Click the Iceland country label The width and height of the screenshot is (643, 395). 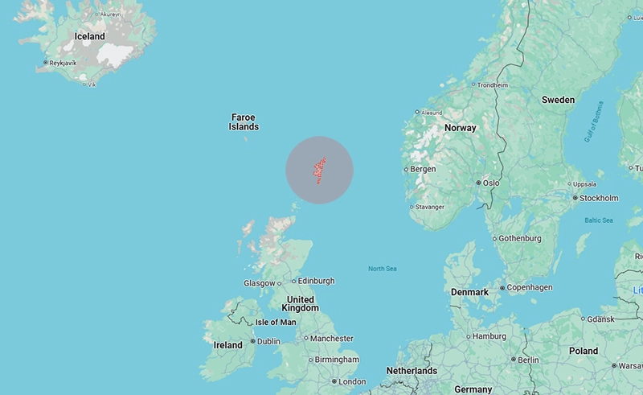click(x=89, y=36)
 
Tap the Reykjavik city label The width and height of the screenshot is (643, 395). click(x=63, y=63)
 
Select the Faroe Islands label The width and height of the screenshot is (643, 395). click(x=244, y=121)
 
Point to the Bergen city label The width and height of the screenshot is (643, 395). click(x=423, y=169)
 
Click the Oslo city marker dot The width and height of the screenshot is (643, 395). click(x=478, y=183)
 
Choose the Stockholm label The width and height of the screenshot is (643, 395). click(x=600, y=198)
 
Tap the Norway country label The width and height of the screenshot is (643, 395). click(x=461, y=128)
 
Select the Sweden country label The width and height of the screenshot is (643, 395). click(x=558, y=100)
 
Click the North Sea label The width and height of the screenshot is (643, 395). click(x=382, y=269)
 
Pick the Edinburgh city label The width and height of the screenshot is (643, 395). click(x=316, y=281)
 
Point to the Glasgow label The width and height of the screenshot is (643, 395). click(x=259, y=283)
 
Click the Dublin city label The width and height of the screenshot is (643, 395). click(x=268, y=341)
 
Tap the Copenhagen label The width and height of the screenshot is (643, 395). click(x=530, y=287)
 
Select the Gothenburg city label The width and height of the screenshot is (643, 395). click(x=520, y=238)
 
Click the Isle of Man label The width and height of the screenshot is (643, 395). click(x=276, y=322)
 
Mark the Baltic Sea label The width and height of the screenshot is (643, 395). click(x=599, y=220)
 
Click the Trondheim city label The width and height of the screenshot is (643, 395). click(x=493, y=84)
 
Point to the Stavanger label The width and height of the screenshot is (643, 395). click(x=430, y=207)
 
